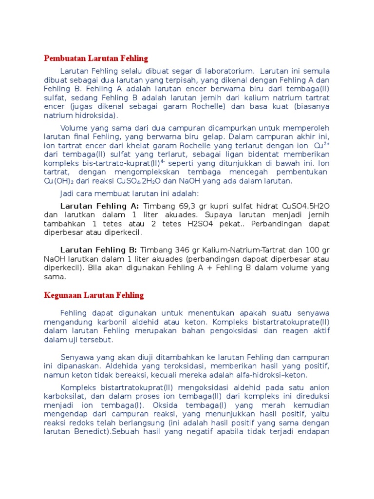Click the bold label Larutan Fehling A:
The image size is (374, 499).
99,206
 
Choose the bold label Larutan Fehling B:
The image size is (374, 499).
99,250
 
